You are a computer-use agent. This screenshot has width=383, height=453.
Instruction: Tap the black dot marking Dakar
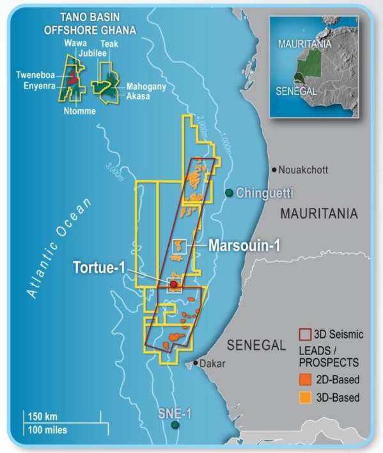coord(196,363)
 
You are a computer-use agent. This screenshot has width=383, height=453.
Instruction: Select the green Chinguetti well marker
coord(229,193)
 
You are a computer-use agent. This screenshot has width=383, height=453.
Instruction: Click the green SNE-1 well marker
coord(175,424)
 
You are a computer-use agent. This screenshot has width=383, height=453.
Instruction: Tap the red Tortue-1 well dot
coord(173,283)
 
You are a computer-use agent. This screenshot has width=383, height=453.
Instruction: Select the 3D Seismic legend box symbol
coord(305,334)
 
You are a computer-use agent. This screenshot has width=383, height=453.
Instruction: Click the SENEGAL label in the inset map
coord(295,91)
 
